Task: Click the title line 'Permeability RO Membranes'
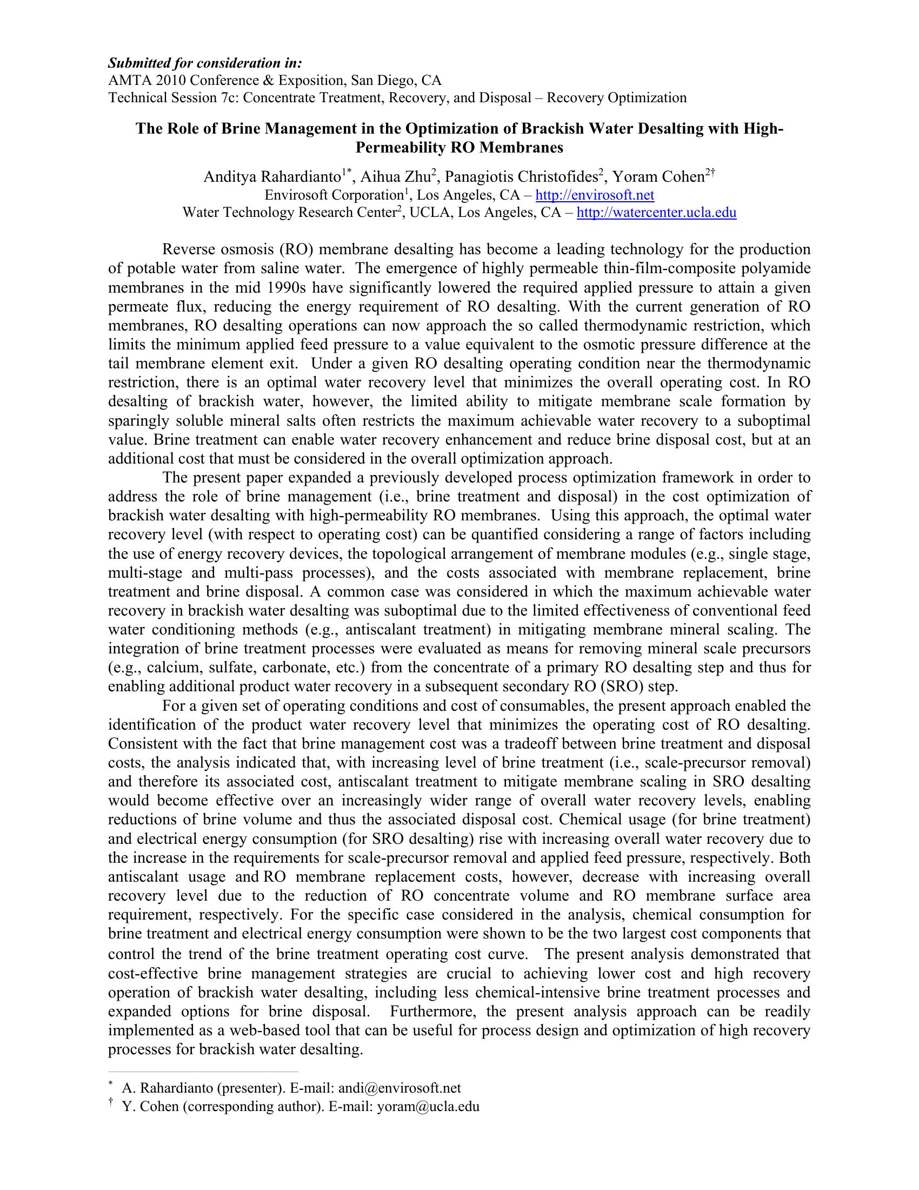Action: pos(459,148)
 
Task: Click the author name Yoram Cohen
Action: pos(659,177)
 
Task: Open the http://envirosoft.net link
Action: pos(595,195)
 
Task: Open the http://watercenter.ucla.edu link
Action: pos(656,213)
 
